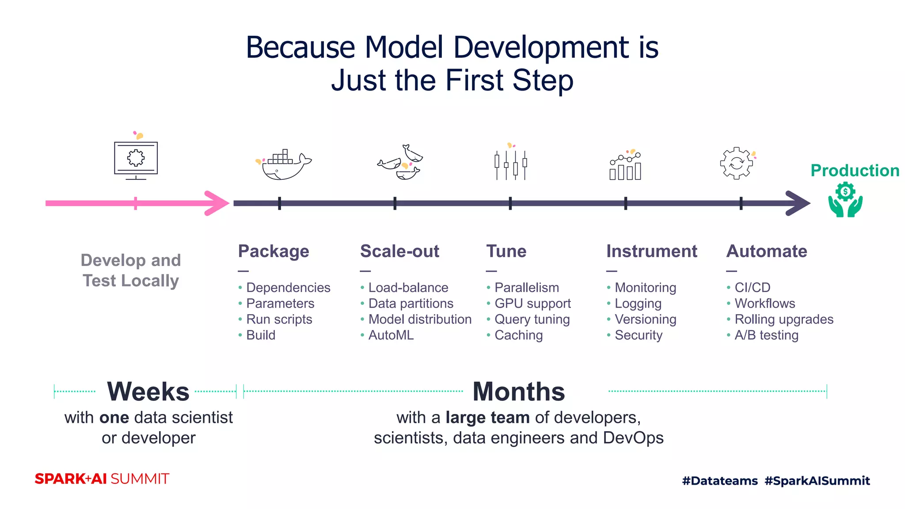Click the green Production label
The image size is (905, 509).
click(x=855, y=171)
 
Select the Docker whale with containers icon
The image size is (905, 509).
click(x=284, y=165)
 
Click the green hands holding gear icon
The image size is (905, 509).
click(x=845, y=200)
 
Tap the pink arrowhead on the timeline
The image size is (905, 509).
click(x=217, y=203)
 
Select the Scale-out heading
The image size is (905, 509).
click(x=399, y=251)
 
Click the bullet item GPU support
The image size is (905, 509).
click(x=532, y=304)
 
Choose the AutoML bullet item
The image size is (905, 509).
click(x=391, y=335)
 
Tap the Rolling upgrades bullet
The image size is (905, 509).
click(x=783, y=319)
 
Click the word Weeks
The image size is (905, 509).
click(x=148, y=391)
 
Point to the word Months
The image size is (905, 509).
click(x=518, y=391)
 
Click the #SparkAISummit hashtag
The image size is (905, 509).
click(x=817, y=481)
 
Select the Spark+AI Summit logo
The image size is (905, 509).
click(x=102, y=479)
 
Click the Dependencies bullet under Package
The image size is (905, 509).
click(x=288, y=288)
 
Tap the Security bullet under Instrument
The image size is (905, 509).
click(x=638, y=335)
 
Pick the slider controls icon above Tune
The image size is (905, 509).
click(x=510, y=163)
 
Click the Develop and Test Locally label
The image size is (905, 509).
click(x=131, y=270)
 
